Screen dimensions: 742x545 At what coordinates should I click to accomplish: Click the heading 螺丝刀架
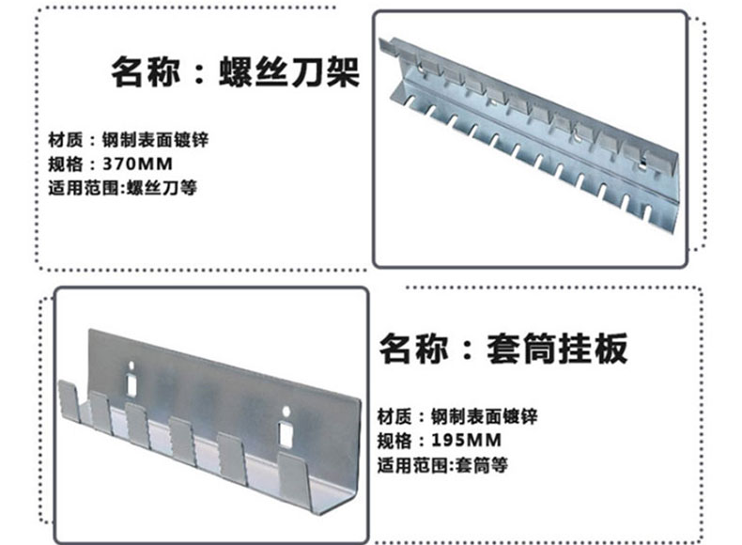click(288, 71)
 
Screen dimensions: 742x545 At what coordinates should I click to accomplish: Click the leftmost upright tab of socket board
click(66, 399)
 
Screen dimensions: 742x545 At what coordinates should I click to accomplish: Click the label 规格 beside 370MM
click(62, 164)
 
